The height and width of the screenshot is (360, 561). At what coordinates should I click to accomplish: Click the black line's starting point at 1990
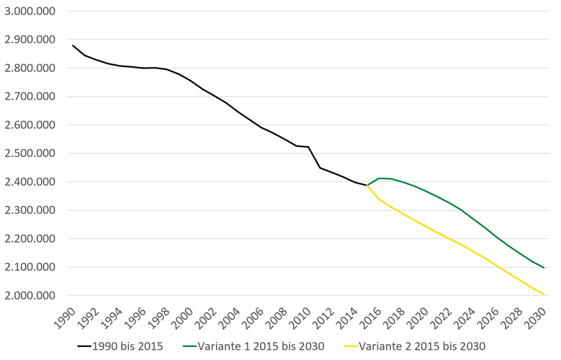pos(73,45)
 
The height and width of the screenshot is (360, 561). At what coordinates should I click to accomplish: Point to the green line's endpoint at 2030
pos(544,268)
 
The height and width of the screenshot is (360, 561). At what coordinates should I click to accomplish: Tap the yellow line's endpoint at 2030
pos(544,294)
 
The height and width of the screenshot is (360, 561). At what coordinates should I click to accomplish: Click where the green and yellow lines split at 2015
pos(367,185)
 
